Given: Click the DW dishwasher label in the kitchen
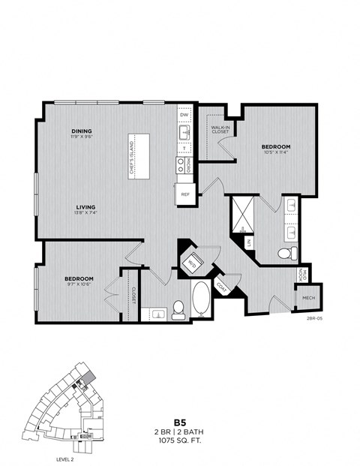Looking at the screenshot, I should click(184, 115).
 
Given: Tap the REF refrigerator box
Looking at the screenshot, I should click(184, 194).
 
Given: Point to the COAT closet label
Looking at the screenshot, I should click(223, 287).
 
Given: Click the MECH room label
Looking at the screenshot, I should click(308, 298).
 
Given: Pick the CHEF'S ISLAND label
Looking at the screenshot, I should click(131, 156).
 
